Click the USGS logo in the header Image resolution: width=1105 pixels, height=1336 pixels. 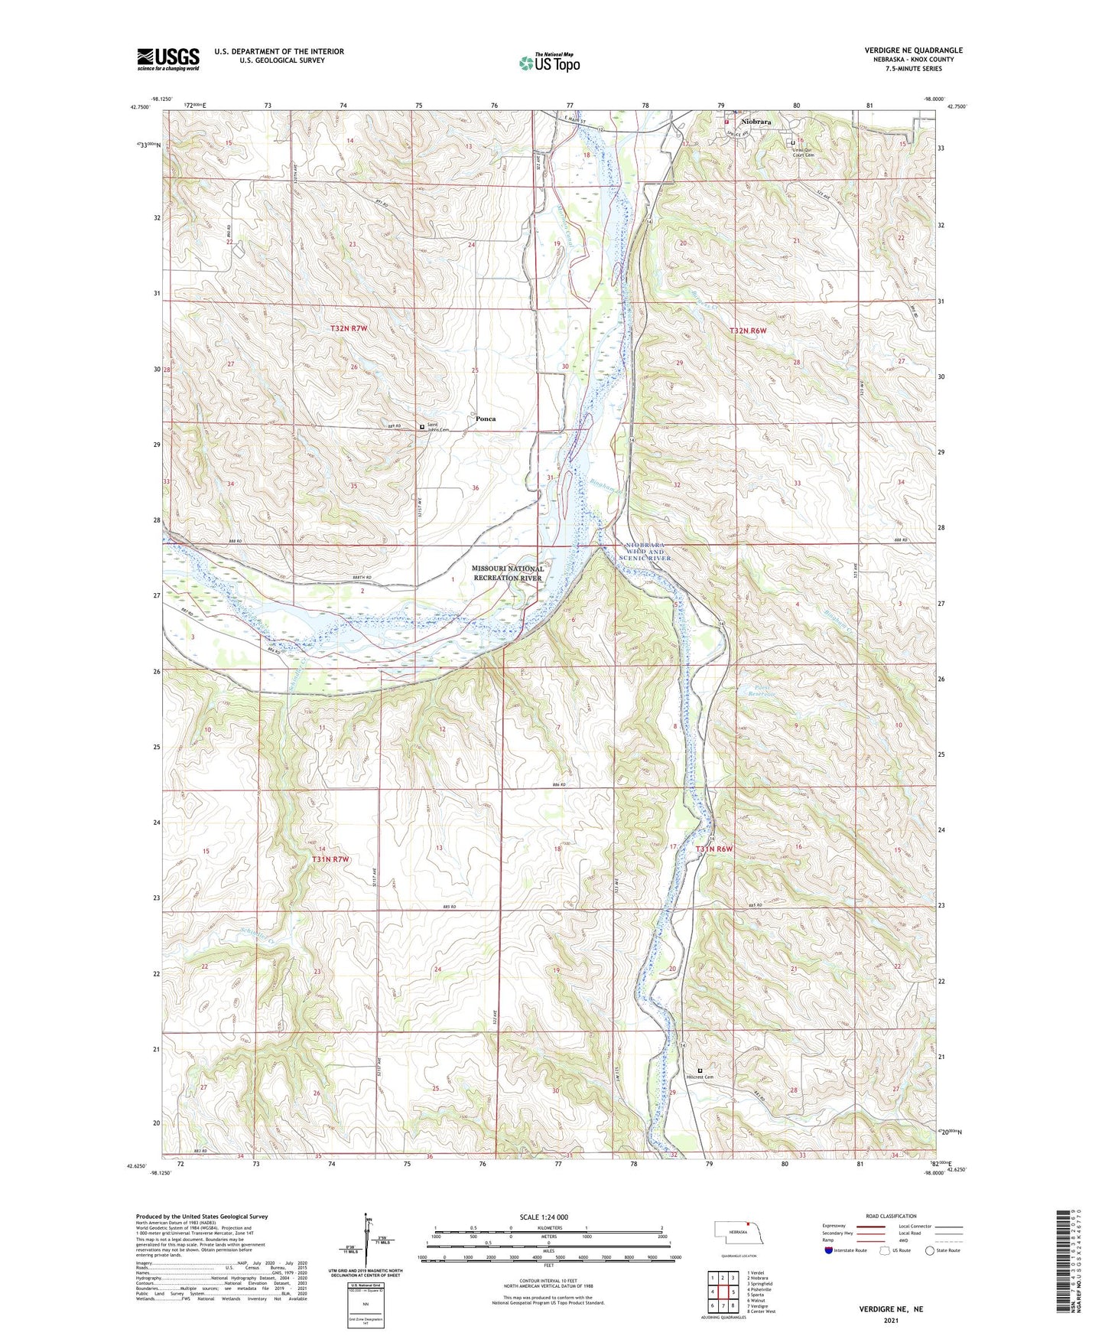click(167, 58)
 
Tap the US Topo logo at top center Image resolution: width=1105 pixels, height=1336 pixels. click(548, 63)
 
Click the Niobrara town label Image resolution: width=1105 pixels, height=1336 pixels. click(756, 122)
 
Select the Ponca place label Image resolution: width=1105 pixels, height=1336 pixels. click(486, 419)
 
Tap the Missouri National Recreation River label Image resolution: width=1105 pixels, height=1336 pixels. click(507, 573)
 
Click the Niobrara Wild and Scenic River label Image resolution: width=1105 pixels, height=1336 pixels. click(646, 552)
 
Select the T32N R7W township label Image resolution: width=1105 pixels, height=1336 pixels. click(349, 328)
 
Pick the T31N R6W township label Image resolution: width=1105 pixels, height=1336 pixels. click(714, 849)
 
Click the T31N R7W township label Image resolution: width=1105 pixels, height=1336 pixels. click(330, 859)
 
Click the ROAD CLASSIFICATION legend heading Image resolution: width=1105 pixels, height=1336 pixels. click(892, 1216)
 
